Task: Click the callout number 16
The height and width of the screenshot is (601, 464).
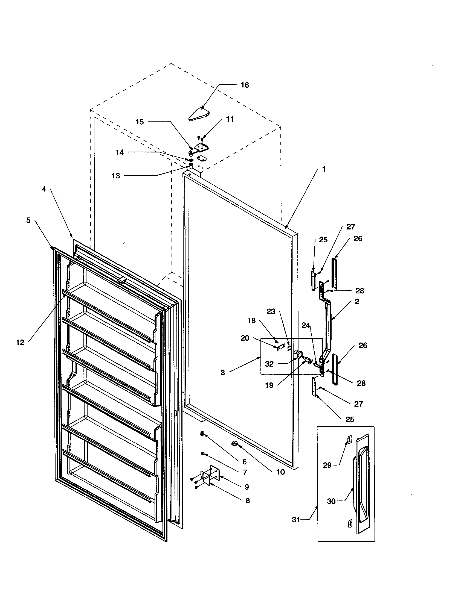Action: [x=245, y=85]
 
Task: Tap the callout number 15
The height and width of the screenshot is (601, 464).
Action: [x=140, y=122]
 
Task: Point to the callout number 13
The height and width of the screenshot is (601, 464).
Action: [x=116, y=176]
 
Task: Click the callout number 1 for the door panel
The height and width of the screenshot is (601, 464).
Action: [x=324, y=169]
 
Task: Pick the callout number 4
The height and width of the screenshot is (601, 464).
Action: [x=44, y=189]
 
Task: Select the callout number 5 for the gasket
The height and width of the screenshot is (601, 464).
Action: [x=28, y=220]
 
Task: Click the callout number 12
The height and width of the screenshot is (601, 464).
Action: [x=21, y=343]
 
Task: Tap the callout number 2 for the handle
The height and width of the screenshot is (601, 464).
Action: [x=357, y=302]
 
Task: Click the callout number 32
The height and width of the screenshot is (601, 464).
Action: [x=269, y=364]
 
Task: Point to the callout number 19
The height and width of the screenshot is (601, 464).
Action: [x=269, y=385]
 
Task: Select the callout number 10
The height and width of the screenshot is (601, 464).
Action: [x=280, y=472]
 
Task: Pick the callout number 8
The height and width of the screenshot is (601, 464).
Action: [x=247, y=500]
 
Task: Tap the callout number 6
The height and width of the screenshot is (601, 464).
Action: [x=244, y=461]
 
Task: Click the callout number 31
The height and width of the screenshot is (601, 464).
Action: [x=296, y=520]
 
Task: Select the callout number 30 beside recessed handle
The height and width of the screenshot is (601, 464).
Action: [x=331, y=501]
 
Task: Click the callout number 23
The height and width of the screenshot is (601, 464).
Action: [x=271, y=312]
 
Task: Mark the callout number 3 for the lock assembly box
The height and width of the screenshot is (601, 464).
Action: [x=223, y=373]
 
